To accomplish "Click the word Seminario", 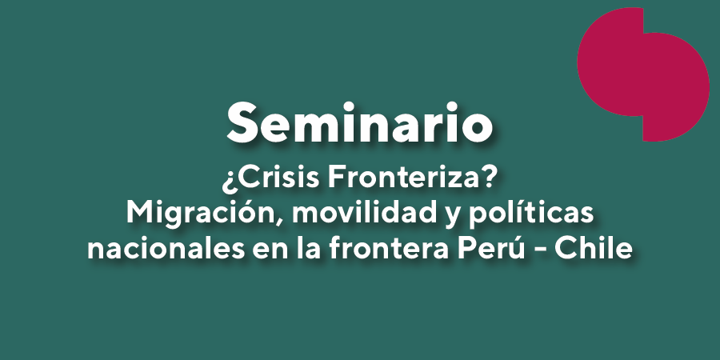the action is [359, 122].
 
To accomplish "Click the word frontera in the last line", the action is [388, 249].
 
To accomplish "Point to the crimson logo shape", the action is [643, 74].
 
